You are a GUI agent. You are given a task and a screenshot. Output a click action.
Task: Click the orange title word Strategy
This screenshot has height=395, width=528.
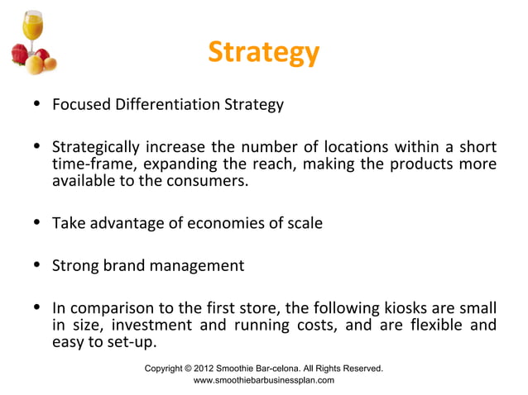click(263, 53)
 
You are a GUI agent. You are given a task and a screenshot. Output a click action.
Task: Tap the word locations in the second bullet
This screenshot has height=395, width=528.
click(358, 149)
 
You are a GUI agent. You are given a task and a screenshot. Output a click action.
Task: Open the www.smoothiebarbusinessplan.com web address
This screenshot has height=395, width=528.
click(263, 380)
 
